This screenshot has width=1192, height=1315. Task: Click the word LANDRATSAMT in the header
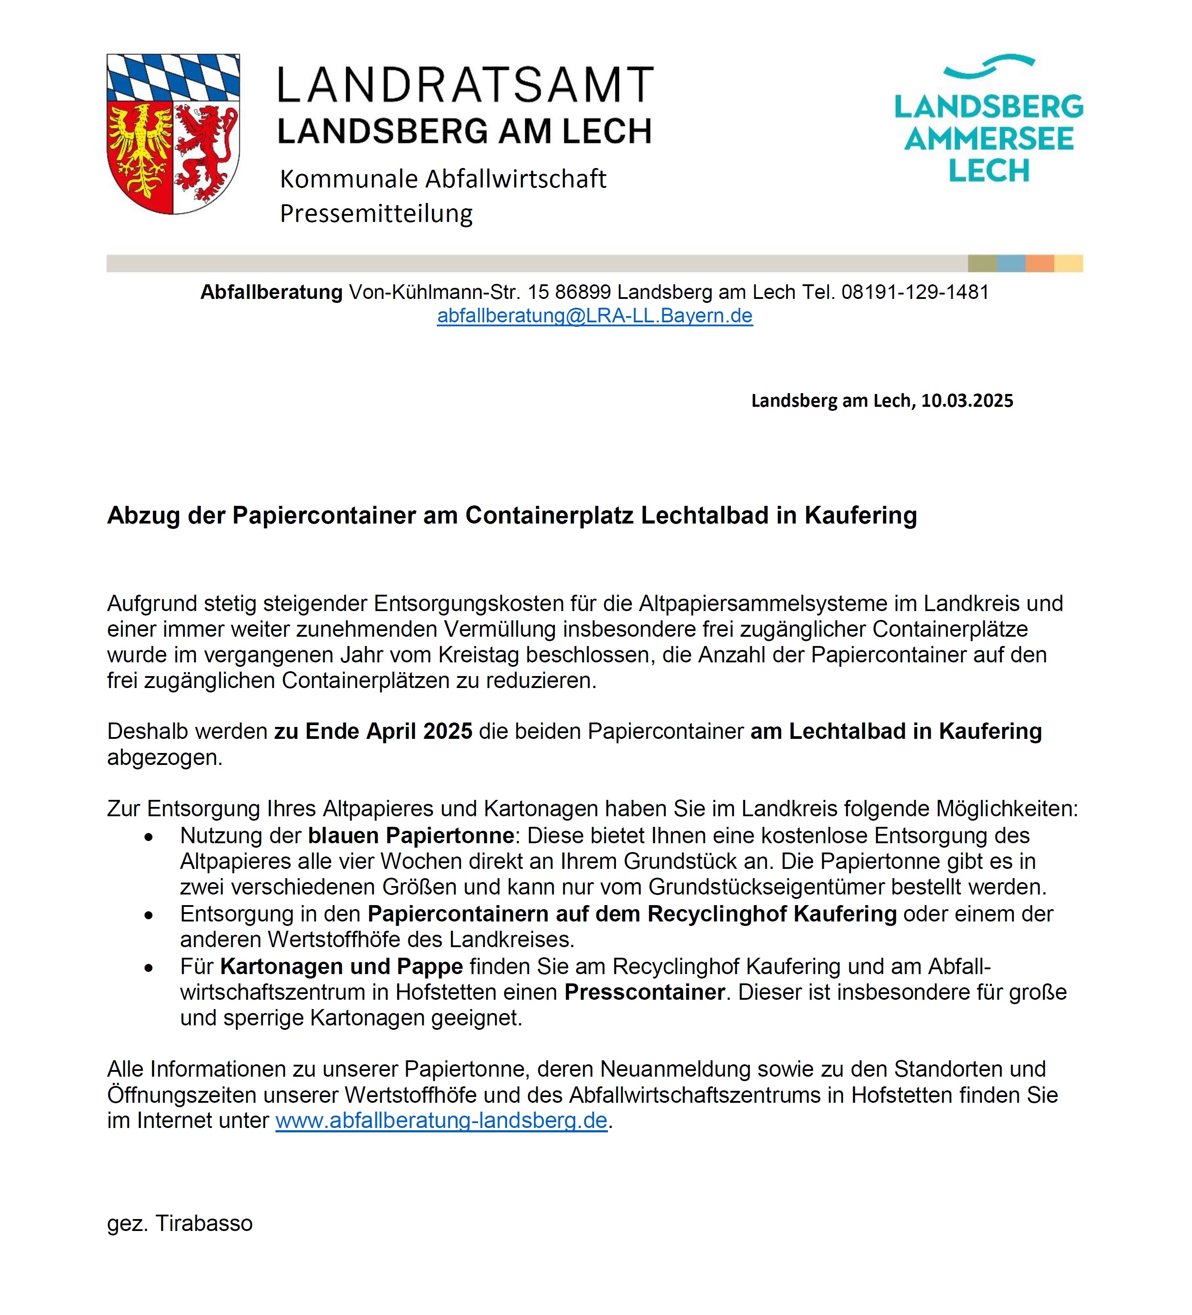click(x=466, y=85)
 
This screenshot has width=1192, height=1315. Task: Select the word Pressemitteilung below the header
click(x=376, y=213)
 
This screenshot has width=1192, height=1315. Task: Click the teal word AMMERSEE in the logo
click(x=989, y=139)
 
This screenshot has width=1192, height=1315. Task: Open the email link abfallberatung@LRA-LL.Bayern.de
click(x=595, y=316)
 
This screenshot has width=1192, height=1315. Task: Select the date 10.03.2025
click(x=967, y=401)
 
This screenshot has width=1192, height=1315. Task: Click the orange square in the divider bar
click(x=1039, y=264)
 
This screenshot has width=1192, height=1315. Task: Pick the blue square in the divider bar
click(x=1011, y=264)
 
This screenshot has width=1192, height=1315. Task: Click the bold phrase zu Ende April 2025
click(x=373, y=731)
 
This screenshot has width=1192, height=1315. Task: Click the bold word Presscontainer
click(x=644, y=992)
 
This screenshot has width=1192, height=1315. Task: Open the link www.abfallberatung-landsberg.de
click(x=441, y=1120)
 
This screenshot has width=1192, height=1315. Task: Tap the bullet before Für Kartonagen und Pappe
click(x=149, y=968)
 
